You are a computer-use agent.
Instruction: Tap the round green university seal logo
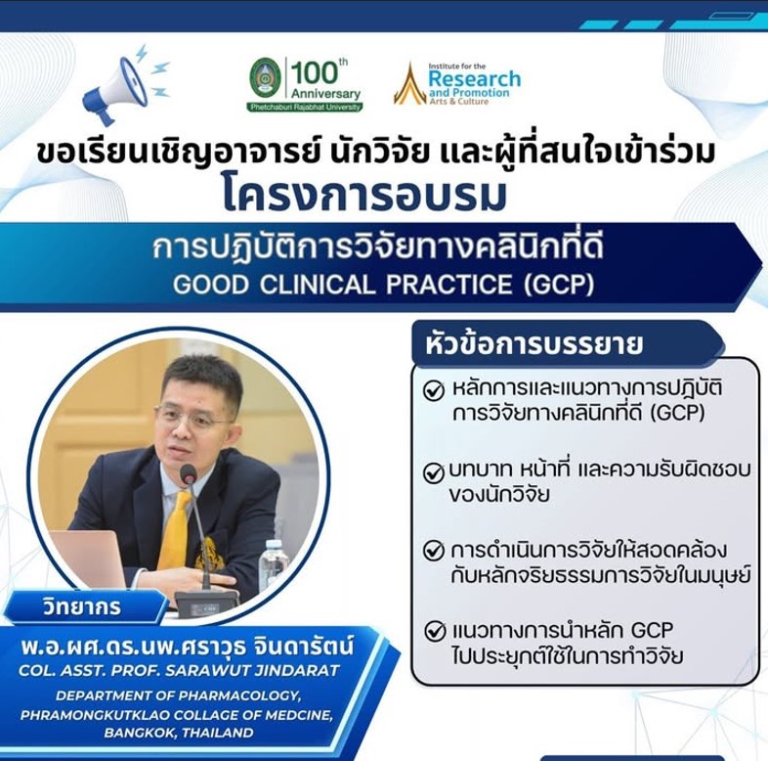click(x=265, y=79)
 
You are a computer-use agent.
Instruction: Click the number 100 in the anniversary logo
click(x=315, y=73)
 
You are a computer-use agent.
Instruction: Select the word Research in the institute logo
click(x=474, y=78)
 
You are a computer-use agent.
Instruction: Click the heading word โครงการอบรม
click(x=364, y=195)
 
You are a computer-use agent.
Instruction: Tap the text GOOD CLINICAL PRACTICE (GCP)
click(x=383, y=286)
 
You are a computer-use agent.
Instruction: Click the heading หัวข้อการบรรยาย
click(x=533, y=344)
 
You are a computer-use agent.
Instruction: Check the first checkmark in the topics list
click(x=434, y=391)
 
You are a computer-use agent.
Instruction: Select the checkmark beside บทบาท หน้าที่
click(x=434, y=473)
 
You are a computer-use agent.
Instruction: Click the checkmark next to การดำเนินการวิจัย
click(x=434, y=550)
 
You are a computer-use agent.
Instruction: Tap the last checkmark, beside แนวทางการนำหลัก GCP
click(x=435, y=631)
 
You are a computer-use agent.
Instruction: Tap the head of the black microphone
click(x=188, y=473)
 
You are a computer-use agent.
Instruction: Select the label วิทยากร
click(x=82, y=607)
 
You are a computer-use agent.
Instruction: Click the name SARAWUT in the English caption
click(x=210, y=670)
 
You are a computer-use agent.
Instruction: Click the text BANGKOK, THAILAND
click(x=178, y=733)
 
